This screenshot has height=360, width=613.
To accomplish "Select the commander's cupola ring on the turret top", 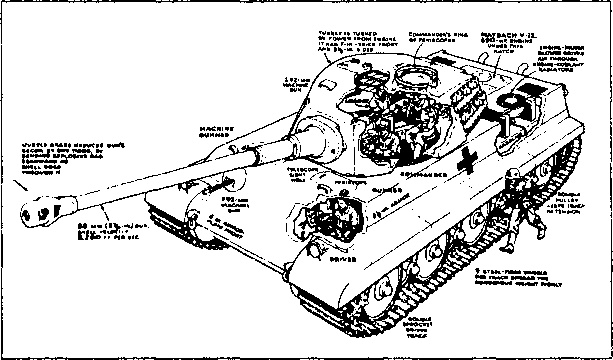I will [415, 77].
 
